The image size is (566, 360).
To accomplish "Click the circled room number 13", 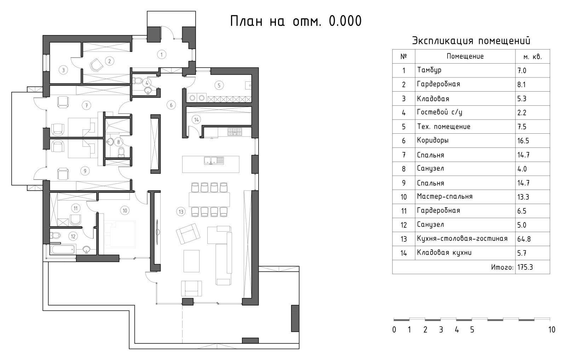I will (x=181, y=212).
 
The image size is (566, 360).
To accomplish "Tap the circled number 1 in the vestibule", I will (x=161, y=54).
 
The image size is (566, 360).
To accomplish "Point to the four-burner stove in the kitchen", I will (x=235, y=132).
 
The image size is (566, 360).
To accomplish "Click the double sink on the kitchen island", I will (x=214, y=161).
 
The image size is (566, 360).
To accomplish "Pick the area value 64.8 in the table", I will (x=524, y=239).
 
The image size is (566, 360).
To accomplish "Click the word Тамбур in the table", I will (x=429, y=70).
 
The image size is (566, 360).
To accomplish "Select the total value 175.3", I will (x=525, y=267).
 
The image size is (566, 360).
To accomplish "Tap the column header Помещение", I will (x=465, y=56).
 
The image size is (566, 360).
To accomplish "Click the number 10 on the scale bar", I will (x=551, y=330).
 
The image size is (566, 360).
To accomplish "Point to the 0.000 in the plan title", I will (x=345, y=21).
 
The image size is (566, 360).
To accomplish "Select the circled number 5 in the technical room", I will (x=219, y=85).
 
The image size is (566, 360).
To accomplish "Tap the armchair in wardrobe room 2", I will (x=96, y=65).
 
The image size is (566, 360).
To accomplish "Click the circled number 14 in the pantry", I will (x=196, y=120).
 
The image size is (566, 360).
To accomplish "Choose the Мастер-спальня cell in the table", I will (x=445, y=197).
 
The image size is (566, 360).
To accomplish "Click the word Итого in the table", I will (x=502, y=267).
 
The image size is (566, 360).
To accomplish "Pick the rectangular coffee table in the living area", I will (x=191, y=261).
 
